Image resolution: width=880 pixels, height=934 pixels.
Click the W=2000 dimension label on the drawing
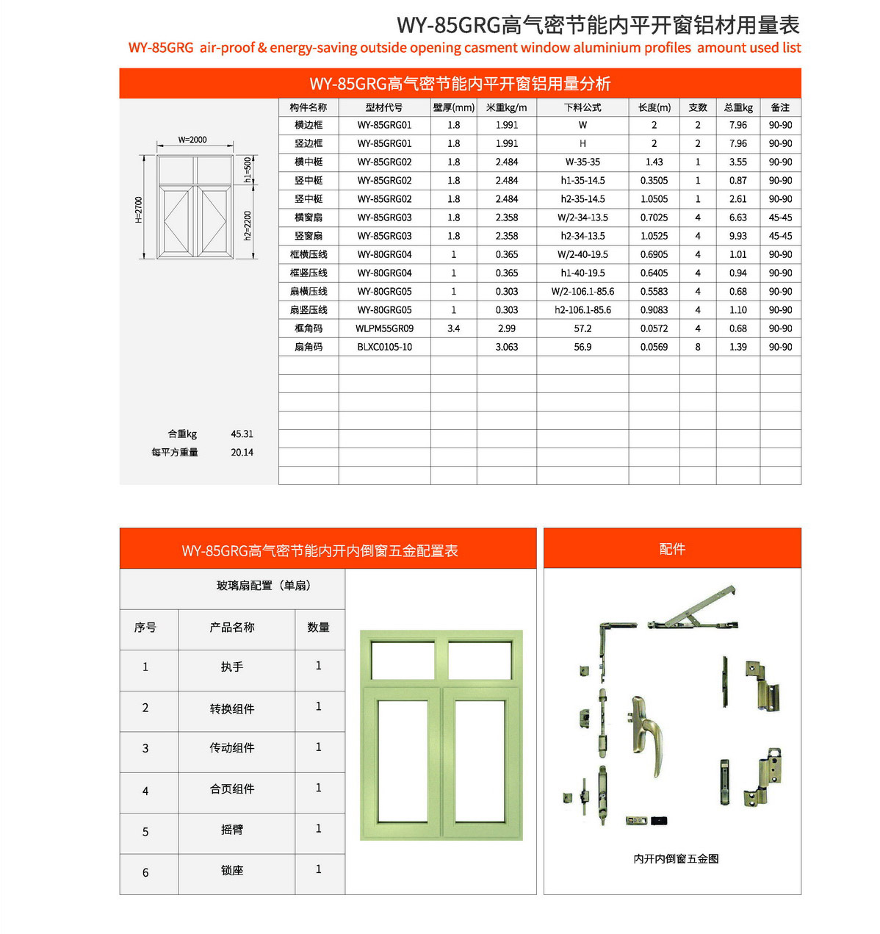192,140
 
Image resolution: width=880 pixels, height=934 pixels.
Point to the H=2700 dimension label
139,209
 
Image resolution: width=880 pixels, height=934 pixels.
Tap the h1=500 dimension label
248,170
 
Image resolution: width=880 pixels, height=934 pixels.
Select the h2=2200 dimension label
248,226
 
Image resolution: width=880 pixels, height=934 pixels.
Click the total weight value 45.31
242,434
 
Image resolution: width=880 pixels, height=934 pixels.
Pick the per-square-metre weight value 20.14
242,453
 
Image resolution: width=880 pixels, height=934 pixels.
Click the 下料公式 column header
583,107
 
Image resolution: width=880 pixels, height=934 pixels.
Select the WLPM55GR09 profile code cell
384,328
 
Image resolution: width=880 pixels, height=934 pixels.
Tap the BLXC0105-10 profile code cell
384,347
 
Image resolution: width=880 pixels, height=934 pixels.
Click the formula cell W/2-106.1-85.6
583,292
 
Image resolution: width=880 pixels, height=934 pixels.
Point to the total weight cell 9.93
737,236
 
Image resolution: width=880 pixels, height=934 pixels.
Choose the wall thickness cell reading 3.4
453,328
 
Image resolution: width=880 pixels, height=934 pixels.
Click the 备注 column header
780,107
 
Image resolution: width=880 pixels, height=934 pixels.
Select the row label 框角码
309,328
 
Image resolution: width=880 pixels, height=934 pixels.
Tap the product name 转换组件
232,709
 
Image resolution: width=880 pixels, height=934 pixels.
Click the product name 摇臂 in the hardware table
232,830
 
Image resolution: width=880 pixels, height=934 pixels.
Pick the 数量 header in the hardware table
318,628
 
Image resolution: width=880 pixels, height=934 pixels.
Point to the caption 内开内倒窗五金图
676,858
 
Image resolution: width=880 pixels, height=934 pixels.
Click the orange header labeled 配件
672,549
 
